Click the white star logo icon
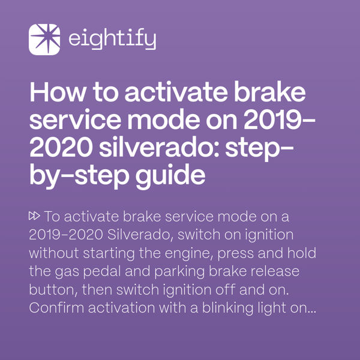coord(44,40)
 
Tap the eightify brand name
coord(112,40)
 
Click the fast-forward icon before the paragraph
coord(34,215)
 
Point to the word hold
coord(302,253)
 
